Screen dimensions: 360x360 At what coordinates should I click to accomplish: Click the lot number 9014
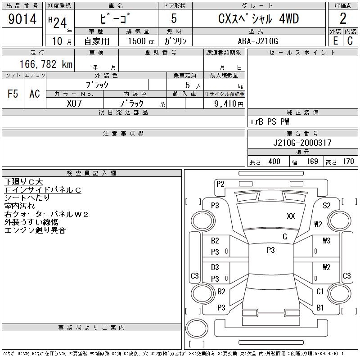(22, 19)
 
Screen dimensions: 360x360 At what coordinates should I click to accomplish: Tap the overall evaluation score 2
(343, 19)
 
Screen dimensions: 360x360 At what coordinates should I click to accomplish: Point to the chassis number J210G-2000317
(302, 143)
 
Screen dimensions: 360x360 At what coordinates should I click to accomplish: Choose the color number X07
(74, 103)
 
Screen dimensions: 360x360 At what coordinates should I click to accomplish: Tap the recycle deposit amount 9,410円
(225, 103)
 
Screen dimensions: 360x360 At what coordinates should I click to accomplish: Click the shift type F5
(13, 94)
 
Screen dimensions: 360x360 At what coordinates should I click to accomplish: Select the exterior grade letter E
(335, 41)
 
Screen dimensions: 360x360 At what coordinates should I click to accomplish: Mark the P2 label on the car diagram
(220, 184)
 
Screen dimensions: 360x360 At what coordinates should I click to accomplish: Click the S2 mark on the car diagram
(327, 206)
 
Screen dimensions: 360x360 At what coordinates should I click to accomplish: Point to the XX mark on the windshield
(291, 216)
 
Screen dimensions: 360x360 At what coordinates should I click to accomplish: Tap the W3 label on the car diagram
(326, 240)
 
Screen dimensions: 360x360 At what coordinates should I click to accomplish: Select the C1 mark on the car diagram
(320, 292)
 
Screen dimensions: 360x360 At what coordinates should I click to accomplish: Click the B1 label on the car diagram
(320, 308)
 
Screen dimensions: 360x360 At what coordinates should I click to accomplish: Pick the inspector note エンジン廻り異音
(35, 230)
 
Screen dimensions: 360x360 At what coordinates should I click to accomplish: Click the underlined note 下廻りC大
(23, 182)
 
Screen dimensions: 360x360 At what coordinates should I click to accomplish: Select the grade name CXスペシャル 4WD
(258, 19)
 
